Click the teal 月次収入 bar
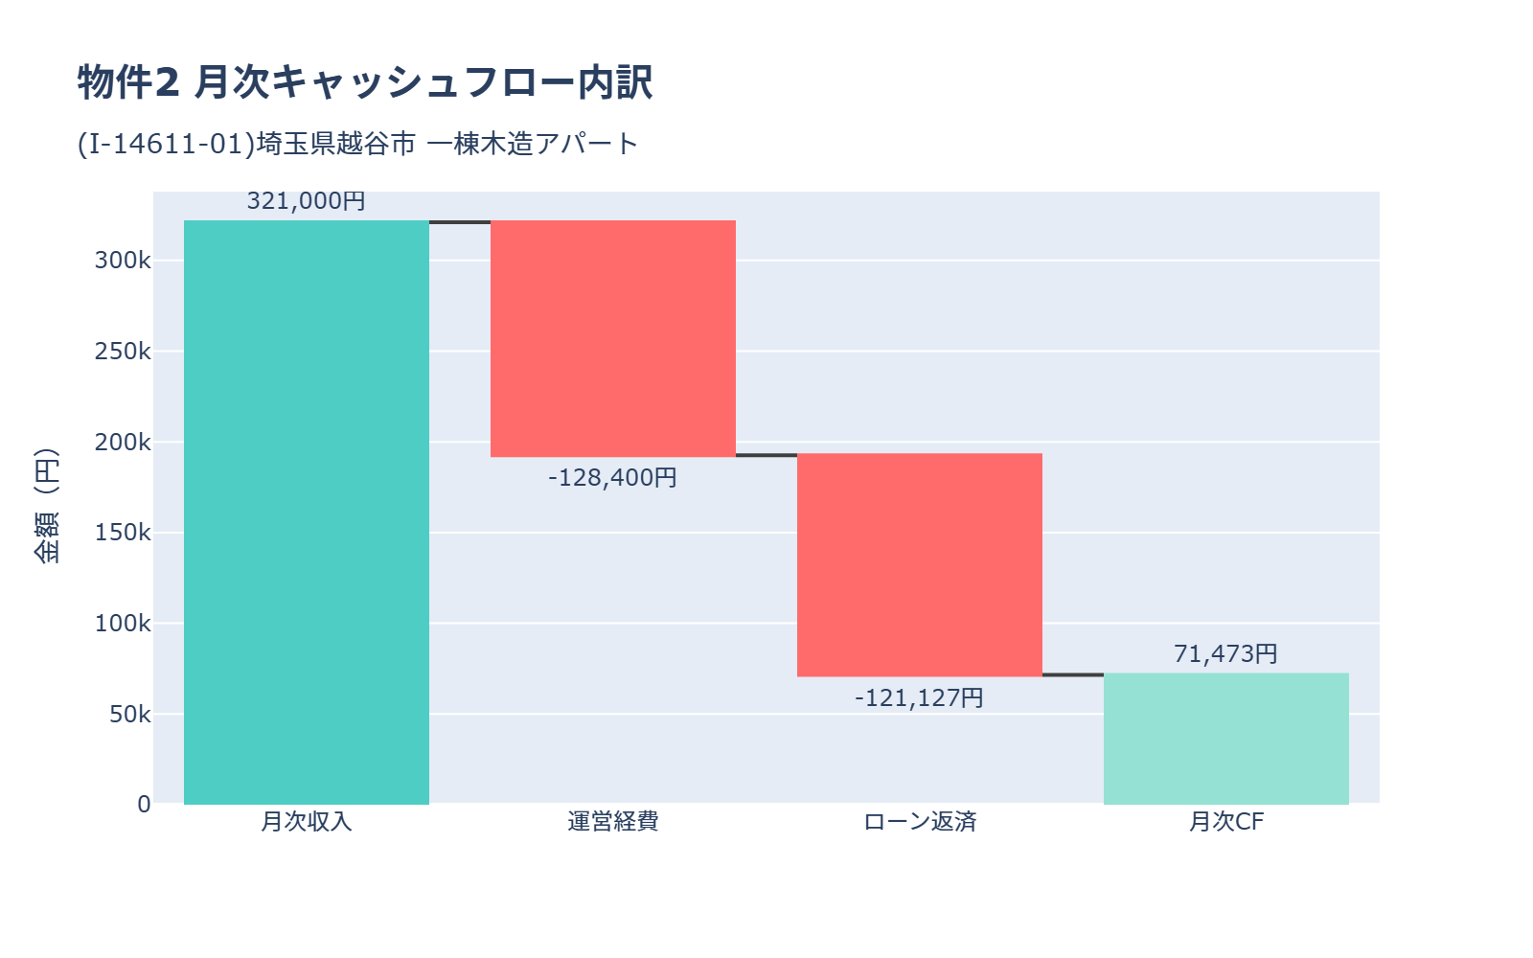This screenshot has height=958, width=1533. tap(307, 513)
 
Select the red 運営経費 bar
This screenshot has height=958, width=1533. tap(613, 338)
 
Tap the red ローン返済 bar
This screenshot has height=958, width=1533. tap(920, 565)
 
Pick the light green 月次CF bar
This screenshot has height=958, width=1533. tap(1226, 739)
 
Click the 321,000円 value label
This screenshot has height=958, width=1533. tap(307, 201)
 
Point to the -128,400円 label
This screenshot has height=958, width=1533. tap(613, 477)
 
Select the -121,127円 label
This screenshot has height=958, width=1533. tap(920, 697)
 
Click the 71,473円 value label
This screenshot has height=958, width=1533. tap(1226, 653)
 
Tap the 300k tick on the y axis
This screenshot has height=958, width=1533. tap(123, 261)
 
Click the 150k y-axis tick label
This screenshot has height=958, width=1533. tap(123, 533)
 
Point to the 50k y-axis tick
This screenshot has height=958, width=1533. tap(129, 715)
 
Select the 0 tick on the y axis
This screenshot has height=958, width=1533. tap(144, 805)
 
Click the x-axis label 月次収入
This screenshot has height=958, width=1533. tap(307, 822)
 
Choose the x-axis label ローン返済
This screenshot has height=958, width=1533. tap(920, 822)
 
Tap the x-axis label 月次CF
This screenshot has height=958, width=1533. tap(1226, 822)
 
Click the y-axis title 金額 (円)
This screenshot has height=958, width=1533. tap(46, 506)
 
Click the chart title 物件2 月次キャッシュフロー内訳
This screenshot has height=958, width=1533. tap(364, 82)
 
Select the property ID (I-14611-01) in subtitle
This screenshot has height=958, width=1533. tap(166, 144)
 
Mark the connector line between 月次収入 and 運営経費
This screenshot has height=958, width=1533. tap(460, 222)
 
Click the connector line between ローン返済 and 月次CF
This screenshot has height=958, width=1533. tap(1073, 674)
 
